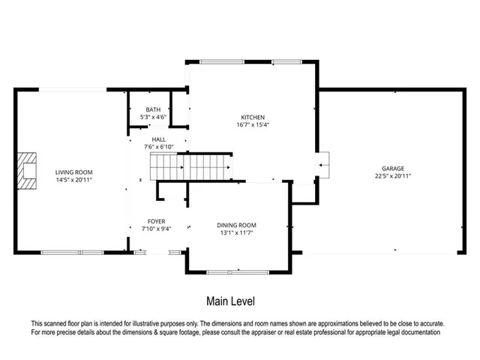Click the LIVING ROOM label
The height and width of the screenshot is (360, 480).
pyautogui.click(x=73, y=172)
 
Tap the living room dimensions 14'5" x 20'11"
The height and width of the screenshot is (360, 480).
pyautogui.click(x=73, y=181)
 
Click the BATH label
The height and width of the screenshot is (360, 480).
pyautogui.click(x=153, y=110)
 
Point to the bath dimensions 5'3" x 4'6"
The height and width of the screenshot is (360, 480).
pyautogui.click(x=153, y=118)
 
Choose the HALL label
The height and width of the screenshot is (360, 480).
pyautogui.click(x=158, y=139)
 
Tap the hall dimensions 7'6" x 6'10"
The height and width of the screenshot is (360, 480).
pyautogui.click(x=158, y=147)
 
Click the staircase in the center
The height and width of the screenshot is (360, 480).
pyautogui.click(x=190, y=165)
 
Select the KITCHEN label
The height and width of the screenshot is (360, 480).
pyautogui.click(x=252, y=117)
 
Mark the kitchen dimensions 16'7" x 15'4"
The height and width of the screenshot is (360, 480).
pyautogui.click(x=252, y=125)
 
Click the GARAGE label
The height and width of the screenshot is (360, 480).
pyautogui.click(x=393, y=168)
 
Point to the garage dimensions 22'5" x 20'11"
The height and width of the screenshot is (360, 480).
pyautogui.click(x=393, y=176)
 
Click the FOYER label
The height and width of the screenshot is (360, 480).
pyautogui.click(x=156, y=221)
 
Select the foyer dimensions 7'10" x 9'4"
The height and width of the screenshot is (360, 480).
pyautogui.click(x=156, y=229)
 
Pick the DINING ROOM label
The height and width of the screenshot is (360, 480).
pyautogui.click(x=237, y=225)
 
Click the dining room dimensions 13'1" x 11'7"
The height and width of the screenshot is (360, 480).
pyautogui.click(x=237, y=233)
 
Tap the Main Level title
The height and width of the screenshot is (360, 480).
pyautogui.click(x=230, y=301)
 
